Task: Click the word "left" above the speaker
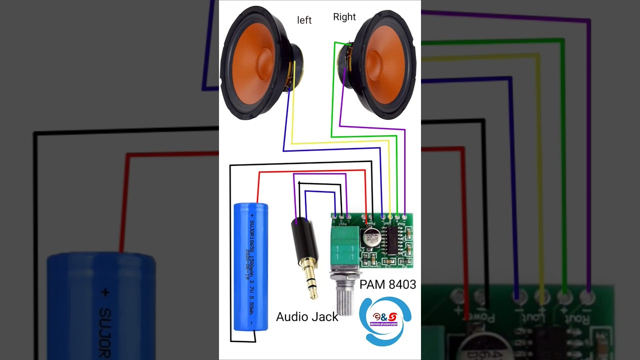pyautogui.click(x=304, y=20)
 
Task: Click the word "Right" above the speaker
pyautogui.click(x=344, y=17)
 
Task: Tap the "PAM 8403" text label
pyautogui.click(x=387, y=284)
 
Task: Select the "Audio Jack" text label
pyautogui.click(x=307, y=316)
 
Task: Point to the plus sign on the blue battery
pyautogui.click(x=252, y=215)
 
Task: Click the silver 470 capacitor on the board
pyautogui.click(x=372, y=237)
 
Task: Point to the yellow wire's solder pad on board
pyautogui.click(x=390, y=216)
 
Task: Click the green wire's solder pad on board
pyautogui.click(x=397, y=216)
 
